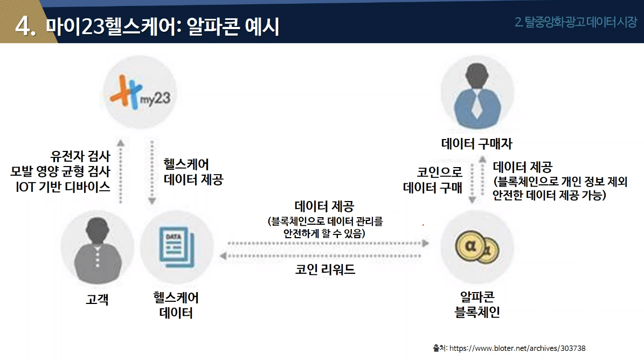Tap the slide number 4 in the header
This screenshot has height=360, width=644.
click(x=24, y=25)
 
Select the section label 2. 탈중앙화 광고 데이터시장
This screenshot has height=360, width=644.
click(x=576, y=23)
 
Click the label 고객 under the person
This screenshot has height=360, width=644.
click(x=97, y=299)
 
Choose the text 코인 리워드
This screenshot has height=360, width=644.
click(x=325, y=269)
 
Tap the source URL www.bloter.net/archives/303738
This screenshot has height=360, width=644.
click(x=517, y=348)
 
